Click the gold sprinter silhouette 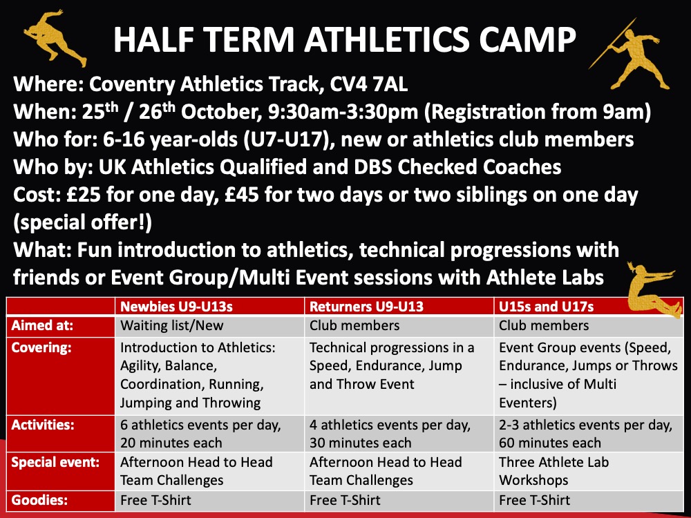click(x=54, y=38)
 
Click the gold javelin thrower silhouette click(x=631, y=56)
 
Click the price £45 click(x=241, y=195)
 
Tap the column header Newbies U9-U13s click(x=176, y=307)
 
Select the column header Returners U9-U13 click(x=366, y=307)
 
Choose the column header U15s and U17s click(x=546, y=307)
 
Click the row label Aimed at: click(x=42, y=325)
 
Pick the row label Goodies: click(x=39, y=500)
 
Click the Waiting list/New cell click(x=172, y=325)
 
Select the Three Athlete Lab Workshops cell click(x=553, y=471)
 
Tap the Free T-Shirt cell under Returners click(x=345, y=500)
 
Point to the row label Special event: click(x=55, y=463)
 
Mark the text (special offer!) click(x=82, y=222)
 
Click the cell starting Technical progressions click(x=392, y=366)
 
